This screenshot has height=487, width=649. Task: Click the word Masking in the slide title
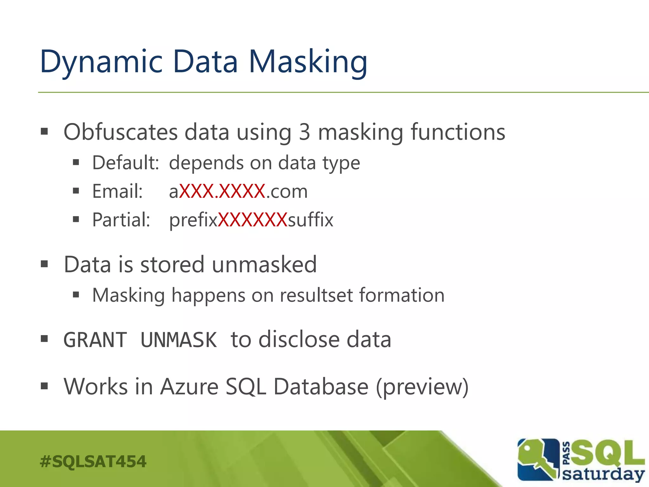coord(308,62)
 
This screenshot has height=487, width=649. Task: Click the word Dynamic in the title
coord(101,62)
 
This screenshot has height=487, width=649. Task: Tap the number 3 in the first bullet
coord(305,132)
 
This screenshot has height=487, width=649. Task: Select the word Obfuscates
coord(120,132)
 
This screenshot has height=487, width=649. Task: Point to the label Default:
coord(125,163)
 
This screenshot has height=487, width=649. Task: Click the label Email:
coord(118,192)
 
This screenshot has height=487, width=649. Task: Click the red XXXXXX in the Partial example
coord(253,220)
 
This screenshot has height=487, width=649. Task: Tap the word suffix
coord(310,220)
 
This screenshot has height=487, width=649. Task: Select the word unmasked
coord(264,264)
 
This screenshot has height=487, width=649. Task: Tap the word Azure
coord(189,387)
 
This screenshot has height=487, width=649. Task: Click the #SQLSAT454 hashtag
coord(93,462)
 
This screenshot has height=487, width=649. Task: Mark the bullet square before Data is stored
coord(44,264)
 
